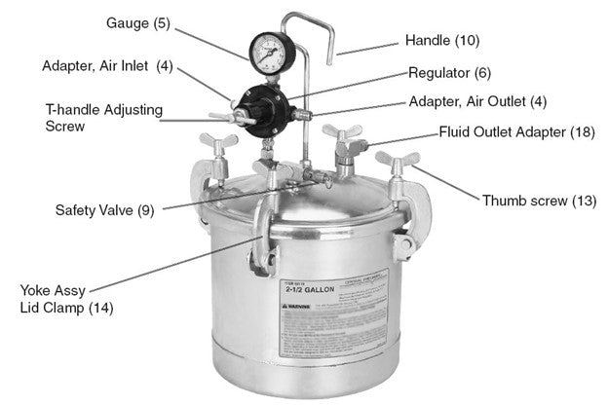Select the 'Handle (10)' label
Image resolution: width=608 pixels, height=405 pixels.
pyautogui.click(x=441, y=41)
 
